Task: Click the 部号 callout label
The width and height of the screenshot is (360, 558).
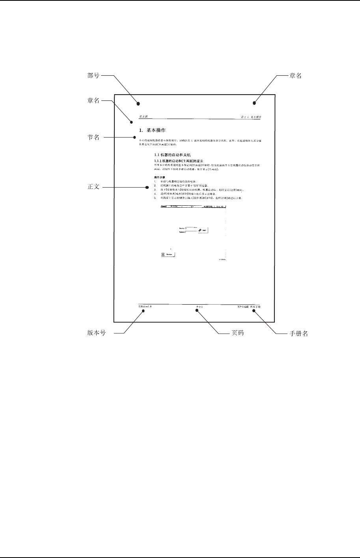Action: point(93,76)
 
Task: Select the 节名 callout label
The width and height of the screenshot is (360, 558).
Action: point(93,138)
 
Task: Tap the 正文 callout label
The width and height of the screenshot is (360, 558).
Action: point(93,187)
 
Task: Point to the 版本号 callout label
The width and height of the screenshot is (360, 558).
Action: point(96,333)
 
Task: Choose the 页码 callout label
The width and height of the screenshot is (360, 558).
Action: point(237,333)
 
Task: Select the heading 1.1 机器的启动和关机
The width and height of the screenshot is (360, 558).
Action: point(173,155)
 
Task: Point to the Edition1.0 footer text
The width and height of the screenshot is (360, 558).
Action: point(145,306)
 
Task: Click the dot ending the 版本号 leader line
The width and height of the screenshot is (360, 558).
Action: point(144,311)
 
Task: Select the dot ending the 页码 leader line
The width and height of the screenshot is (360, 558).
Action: point(198,311)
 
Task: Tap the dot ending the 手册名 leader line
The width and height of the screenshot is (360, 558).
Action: point(254,311)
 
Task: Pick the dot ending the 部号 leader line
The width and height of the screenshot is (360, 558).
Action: point(138,104)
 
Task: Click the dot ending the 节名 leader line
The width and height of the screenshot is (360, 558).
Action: point(135,138)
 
